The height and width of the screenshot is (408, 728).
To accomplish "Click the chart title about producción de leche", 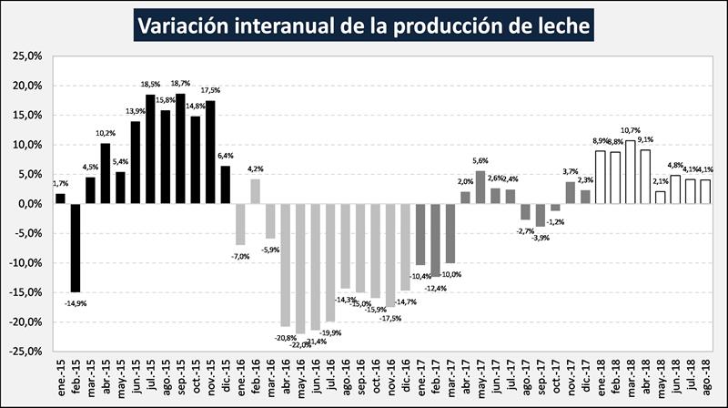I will (x=364, y=25).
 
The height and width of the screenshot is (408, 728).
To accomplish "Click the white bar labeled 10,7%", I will (x=630, y=172).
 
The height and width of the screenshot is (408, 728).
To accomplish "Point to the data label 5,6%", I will (x=480, y=161).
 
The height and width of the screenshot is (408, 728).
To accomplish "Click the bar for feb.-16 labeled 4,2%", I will (x=256, y=191).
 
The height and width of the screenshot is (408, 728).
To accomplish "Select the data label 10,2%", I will (x=106, y=134).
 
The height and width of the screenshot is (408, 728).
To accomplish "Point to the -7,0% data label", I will (x=241, y=256).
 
